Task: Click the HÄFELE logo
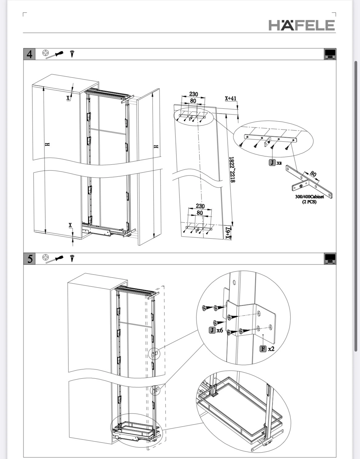(x=302, y=25)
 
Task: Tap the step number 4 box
(x=29, y=54)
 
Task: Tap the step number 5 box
(x=29, y=259)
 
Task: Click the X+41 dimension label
(x=230, y=98)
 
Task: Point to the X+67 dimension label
(x=228, y=233)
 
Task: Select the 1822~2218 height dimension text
(x=232, y=169)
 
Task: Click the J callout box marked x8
(x=272, y=163)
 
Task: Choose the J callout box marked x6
(x=212, y=330)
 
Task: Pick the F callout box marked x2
(x=263, y=348)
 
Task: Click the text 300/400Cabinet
(x=309, y=196)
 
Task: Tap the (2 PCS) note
(x=309, y=202)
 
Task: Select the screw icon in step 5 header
(x=72, y=258)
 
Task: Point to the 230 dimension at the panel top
(x=194, y=94)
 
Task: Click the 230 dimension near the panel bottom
(x=200, y=206)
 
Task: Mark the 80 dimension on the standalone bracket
(x=313, y=174)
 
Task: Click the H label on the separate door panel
(x=156, y=147)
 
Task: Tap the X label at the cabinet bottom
(x=70, y=225)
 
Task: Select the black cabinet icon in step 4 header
(x=330, y=54)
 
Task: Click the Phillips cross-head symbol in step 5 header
(x=45, y=257)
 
